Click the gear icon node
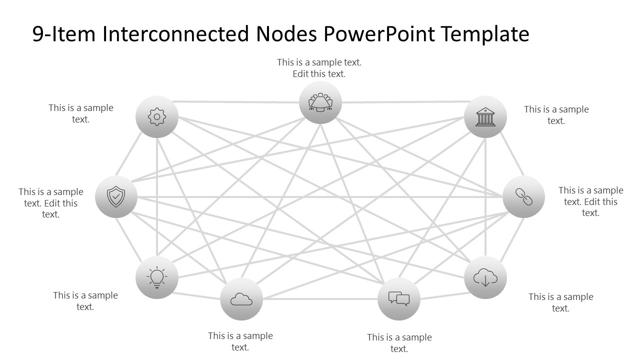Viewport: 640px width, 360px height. pyautogui.click(x=157, y=117)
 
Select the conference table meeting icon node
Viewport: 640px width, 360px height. pyautogui.click(x=320, y=102)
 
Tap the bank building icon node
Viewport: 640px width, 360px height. pyautogui.click(x=485, y=117)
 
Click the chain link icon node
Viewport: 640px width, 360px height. pyautogui.click(x=523, y=197)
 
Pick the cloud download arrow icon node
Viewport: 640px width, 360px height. pyautogui.click(x=485, y=277)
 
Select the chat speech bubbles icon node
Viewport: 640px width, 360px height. pyautogui.click(x=399, y=299)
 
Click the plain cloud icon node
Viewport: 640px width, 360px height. pyautogui.click(x=241, y=299)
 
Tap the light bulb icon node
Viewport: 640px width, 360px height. pyautogui.click(x=157, y=277)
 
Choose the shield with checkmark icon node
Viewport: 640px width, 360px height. pyautogui.click(x=116, y=197)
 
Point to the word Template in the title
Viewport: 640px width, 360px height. pyautogui.click(x=485, y=34)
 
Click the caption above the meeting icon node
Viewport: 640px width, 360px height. pyautogui.click(x=319, y=68)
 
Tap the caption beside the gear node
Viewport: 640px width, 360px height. pyautogui.click(x=81, y=113)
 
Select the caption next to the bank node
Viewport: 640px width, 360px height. pyautogui.click(x=556, y=115)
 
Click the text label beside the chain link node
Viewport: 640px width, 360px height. pyautogui.click(x=590, y=201)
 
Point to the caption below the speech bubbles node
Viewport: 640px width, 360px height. pyautogui.click(x=399, y=343)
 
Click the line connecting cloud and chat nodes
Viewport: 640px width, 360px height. pyautogui.click(x=320, y=299)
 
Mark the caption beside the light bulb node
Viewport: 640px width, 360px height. pyautogui.click(x=85, y=301)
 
